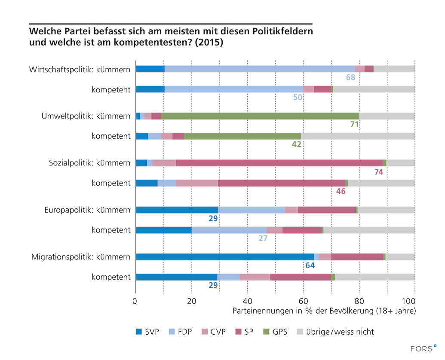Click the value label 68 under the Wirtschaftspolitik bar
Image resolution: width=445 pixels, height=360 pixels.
(x=350, y=78)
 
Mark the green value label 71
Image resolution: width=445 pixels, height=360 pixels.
(x=354, y=125)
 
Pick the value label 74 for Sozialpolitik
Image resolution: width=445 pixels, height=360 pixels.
(x=378, y=172)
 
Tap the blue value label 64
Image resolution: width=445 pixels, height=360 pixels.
(x=310, y=265)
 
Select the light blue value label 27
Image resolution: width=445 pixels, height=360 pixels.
(x=263, y=238)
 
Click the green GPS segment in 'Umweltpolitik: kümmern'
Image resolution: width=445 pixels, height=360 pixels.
(x=260, y=116)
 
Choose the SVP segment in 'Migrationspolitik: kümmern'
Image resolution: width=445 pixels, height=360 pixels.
(x=224, y=257)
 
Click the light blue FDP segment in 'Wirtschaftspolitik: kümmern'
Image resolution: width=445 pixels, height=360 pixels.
(x=260, y=69)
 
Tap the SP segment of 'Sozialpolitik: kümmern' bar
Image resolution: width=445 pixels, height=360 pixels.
(x=279, y=163)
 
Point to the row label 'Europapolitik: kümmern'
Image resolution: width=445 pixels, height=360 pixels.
(x=87, y=210)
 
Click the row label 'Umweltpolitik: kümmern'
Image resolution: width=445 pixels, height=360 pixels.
(x=86, y=116)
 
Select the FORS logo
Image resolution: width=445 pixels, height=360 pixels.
(x=424, y=349)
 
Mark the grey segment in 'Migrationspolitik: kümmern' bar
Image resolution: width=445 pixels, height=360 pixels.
(x=400, y=257)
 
